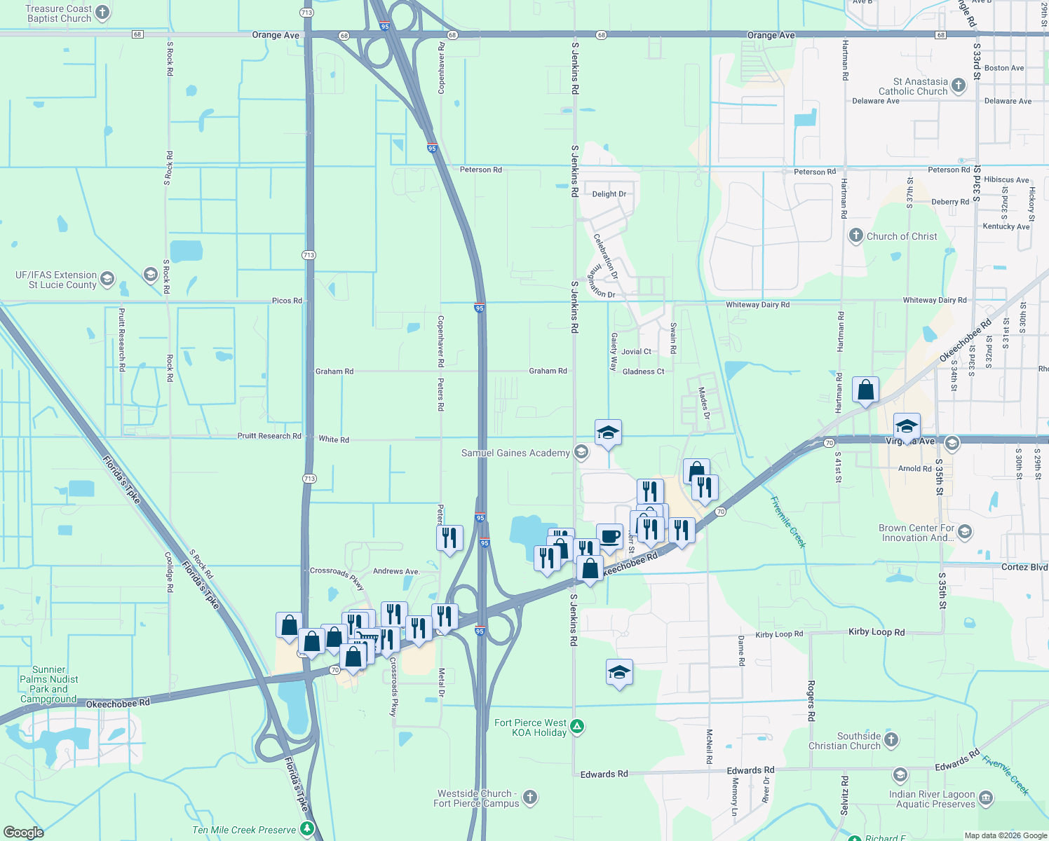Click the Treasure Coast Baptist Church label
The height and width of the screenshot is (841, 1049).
click(59, 13)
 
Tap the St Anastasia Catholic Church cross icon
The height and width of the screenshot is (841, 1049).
click(959, 86)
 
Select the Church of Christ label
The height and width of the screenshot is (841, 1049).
click(901, 236)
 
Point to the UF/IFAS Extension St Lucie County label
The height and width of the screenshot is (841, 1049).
click(56, 280)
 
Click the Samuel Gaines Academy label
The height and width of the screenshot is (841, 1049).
click(515, 453)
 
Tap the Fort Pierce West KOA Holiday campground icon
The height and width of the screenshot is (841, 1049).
click(577, 727)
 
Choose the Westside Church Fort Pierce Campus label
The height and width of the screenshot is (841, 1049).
click(476, 798)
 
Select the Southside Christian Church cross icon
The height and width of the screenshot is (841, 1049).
click(891, 740)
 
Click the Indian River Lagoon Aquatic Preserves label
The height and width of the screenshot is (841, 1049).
click(935, 799)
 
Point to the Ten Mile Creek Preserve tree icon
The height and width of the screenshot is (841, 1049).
click(306, 829)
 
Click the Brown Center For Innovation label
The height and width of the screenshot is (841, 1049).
click(916, 533)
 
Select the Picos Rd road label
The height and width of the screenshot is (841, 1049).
click(287, 301)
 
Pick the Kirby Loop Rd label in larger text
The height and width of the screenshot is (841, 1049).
click(877, 631)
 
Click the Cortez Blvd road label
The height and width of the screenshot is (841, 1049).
click(1024, 567)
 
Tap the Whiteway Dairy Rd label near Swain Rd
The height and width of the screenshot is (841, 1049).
click(757, 305)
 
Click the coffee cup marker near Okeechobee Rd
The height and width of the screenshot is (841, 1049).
click(609, 537)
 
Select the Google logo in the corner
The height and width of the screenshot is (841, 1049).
click(24, 832)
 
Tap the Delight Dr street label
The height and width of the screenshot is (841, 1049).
click(609, 194)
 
